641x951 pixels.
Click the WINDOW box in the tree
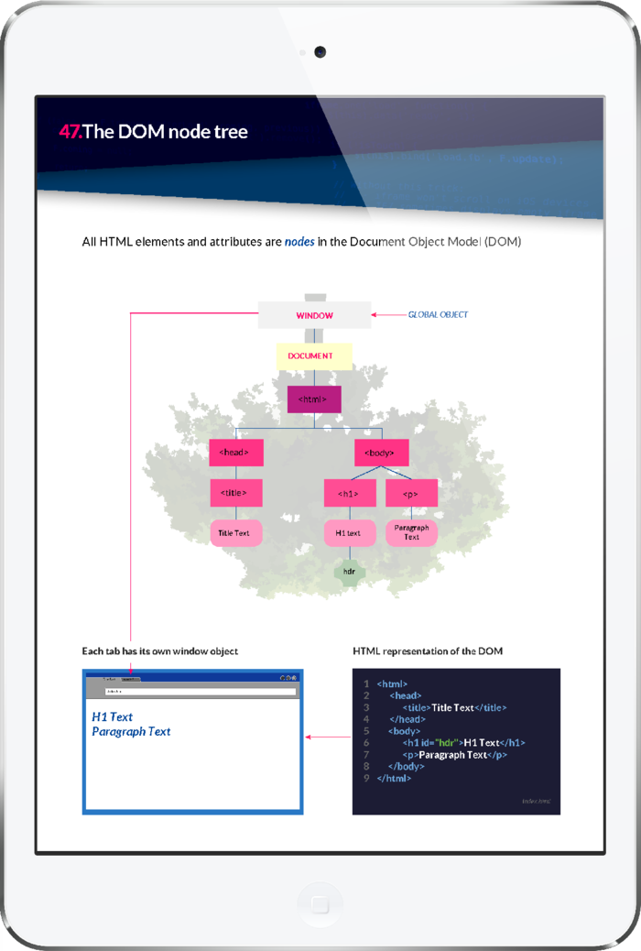pos(314,315)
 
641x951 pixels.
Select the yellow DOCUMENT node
pos(314,355)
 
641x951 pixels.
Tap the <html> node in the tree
pos(314,399)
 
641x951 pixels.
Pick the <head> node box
pos(235,453)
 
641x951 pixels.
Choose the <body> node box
pos(381,453)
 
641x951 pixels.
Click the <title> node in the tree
pos(235,493)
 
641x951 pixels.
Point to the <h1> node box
pos(350,493)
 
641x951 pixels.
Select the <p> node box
pos(411,493)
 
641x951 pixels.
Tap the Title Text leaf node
pos(235,532)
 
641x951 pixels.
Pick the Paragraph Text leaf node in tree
pos(411,532)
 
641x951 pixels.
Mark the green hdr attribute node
pos(350,571)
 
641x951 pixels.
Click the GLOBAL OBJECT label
pos(438,315)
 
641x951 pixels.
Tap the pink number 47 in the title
pos(71,131)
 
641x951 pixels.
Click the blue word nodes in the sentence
pos(299,242)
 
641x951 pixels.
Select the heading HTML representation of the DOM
pos(428,651)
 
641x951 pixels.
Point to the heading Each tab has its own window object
pos(160,651)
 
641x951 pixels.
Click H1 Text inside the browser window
pos(113,716)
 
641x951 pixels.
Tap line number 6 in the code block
pos(366,742)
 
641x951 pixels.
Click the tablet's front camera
pos(320,52)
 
